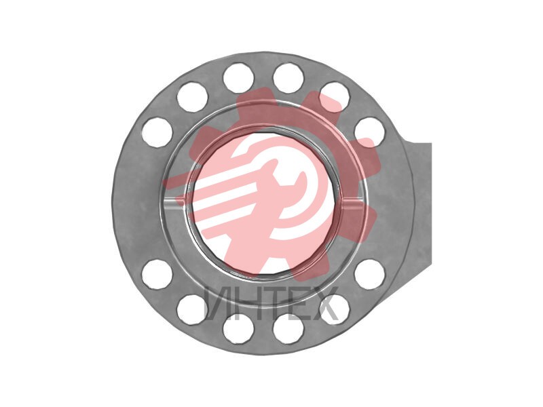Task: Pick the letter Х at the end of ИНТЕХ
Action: tap(324, 303)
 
